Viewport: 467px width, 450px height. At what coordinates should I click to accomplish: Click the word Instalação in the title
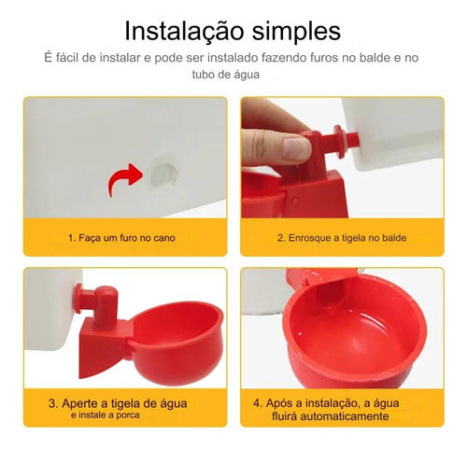click(x=184, y=32)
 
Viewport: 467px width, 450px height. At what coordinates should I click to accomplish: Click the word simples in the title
click(x=296, y=32)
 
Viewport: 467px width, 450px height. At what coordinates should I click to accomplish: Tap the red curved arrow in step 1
click(x=124, y=178)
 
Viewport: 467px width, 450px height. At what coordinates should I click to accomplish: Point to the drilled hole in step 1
click(x=163, y=175)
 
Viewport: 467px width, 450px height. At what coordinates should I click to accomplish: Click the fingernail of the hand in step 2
click(x=297, y=147)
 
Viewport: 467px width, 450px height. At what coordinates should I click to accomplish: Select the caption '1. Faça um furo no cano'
click(x=121, y=238)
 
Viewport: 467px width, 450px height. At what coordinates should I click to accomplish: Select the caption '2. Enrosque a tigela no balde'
click(x=342, y=238)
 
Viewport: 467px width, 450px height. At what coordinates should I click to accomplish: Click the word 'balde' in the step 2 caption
click(x=394, y=238)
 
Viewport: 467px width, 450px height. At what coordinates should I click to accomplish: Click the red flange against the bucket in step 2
click(x=340, y=142)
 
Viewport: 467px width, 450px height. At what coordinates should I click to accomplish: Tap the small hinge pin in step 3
click(x=120, y=347)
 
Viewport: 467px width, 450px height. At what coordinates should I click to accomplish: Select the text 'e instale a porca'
click(x=106, y=415)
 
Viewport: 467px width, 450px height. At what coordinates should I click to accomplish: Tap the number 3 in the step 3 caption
click(x=52, y=403)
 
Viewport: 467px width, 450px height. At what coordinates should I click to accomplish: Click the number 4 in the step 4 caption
click(x=257, y=403)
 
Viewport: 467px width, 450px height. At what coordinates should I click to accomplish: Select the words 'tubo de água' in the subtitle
click(x=226, y=75)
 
